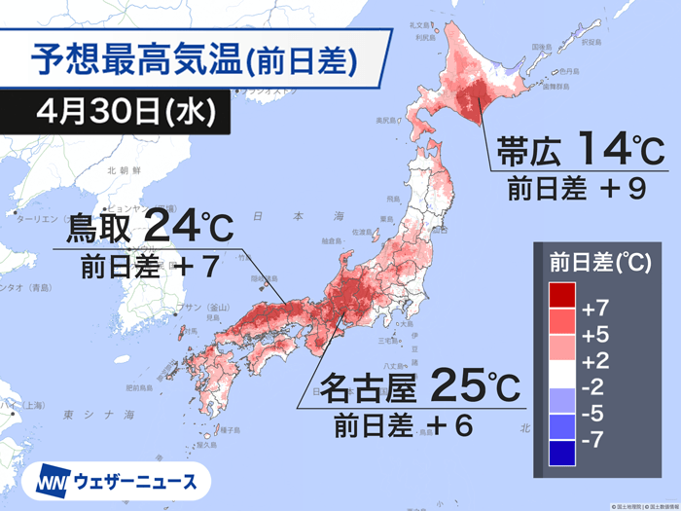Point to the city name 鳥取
click(x=99, y=231)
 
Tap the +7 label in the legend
click(x=595, y=309)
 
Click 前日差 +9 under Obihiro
click(x=576, y=188)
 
